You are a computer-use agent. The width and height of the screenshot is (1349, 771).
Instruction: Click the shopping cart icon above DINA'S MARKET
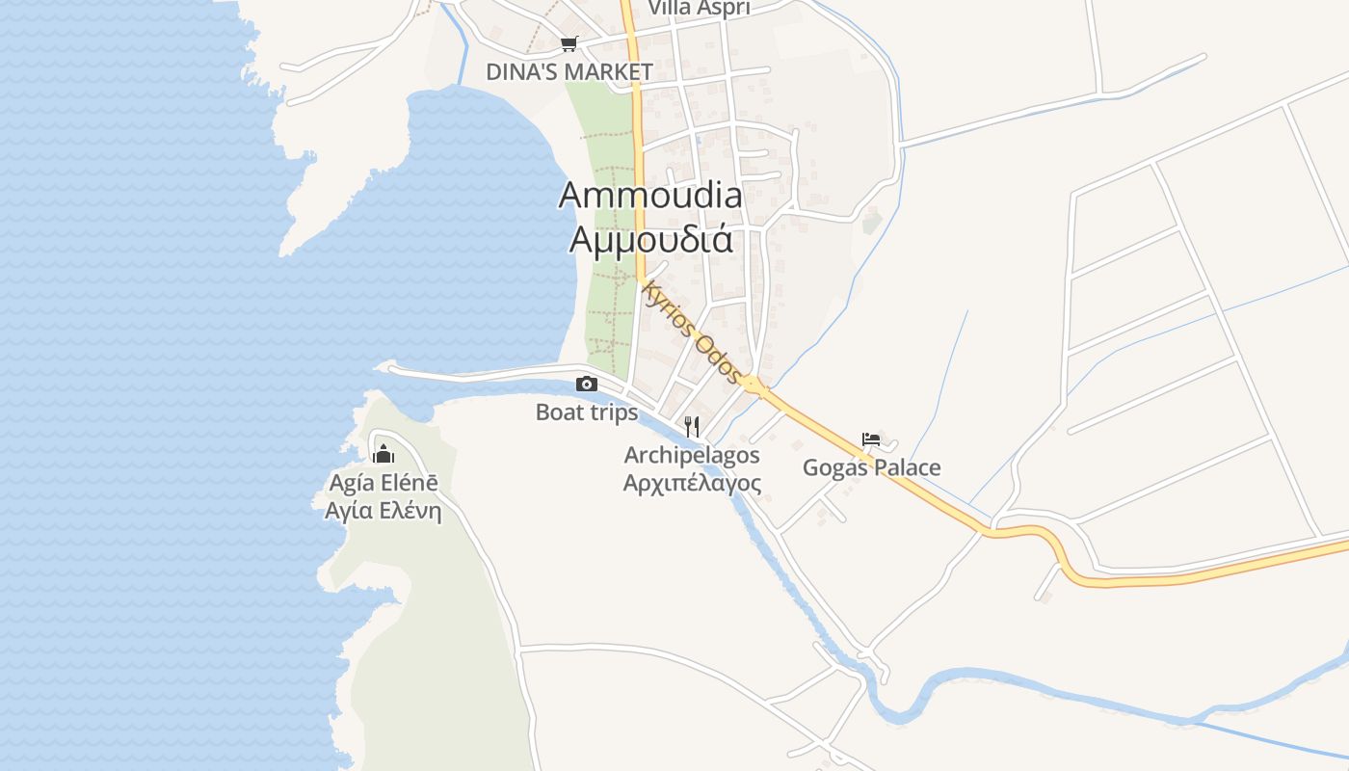point(569,43)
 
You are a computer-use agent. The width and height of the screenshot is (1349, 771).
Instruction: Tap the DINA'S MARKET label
point(569,71)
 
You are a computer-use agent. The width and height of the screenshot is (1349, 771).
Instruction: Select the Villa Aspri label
point(699,8)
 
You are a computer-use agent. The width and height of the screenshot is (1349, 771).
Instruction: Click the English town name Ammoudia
point(650,196)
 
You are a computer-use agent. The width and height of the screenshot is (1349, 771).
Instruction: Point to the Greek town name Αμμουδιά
point(650,238)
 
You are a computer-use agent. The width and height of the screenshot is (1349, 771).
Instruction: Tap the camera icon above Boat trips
point(586,384)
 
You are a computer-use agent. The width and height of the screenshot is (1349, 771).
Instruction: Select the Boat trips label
point(587,412)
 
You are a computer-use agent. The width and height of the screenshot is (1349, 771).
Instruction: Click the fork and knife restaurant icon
point(691,426)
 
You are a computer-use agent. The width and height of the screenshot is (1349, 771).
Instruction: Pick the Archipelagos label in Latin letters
point(692,455)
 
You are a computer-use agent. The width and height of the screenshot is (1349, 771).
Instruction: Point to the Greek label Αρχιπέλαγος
point(692,483)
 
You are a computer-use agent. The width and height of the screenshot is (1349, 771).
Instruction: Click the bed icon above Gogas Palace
point(871,439)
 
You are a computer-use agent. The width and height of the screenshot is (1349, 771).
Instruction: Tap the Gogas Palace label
point(872,468)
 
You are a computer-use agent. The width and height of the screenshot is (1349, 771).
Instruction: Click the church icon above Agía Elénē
point(384,453)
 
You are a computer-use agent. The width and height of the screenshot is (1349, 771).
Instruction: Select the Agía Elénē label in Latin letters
point(384,483)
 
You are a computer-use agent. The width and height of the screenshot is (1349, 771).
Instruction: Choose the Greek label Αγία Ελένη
point(384,511)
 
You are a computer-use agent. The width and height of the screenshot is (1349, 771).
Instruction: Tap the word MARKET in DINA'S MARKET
point(608,71)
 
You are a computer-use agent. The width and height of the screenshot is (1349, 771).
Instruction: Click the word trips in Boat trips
point(612,412)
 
